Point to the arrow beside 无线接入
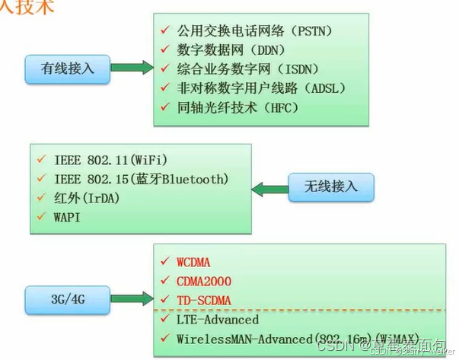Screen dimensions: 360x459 (x=269, y=188)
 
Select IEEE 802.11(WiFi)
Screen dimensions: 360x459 (x=110, y=160)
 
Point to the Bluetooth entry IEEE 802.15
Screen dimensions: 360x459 (x=140, y=179)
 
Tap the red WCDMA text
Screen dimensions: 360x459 (x=193, y=263)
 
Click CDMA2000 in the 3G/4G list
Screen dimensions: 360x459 (x=203, y=282)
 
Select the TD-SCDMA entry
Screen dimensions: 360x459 (x=203, y=300)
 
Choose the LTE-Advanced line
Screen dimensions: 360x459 (x=217, y=320)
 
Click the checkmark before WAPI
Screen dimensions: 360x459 (x=41, y=217)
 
